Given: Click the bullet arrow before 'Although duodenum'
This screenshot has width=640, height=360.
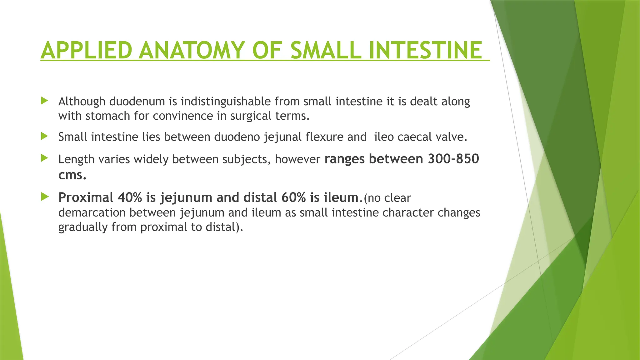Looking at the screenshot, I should pyautogui.click(x=44, y=101).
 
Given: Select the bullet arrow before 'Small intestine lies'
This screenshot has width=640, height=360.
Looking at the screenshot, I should pyautogui.click(x=44, y=136).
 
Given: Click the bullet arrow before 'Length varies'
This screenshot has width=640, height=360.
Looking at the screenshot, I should pyautogui.click(x=44, y=158).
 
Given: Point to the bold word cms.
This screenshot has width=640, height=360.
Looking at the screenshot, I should pyautogui.click(x=72, y=175).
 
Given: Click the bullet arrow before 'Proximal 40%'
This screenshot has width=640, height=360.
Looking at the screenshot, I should pyautogui.click(x=44, y=197).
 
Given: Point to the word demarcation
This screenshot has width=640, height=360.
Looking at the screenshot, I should pyautogui.click(x=92, y=212).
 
